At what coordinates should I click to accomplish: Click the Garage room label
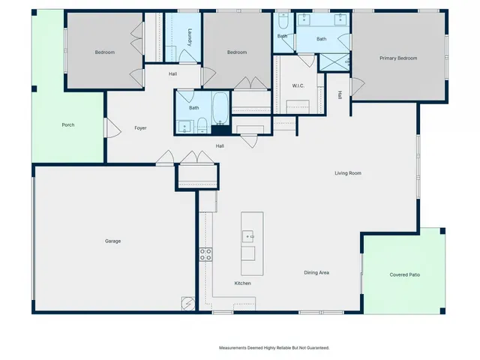(112, 241)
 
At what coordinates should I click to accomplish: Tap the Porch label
(68, 124)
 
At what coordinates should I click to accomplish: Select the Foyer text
(140, 128)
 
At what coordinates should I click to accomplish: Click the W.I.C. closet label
(297, 85)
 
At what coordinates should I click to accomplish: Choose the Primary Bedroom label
(397, 58)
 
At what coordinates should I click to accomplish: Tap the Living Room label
(348, 173)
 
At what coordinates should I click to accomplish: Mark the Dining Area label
(316, 272)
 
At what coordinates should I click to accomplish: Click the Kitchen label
(242, 283)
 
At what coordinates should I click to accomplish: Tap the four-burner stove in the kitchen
(205, 253)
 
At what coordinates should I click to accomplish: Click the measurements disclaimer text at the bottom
(274, 347)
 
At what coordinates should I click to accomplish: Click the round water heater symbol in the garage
(186, 302)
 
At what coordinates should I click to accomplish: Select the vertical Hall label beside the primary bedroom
(340, 95)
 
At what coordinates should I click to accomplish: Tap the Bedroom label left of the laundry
(104, 52)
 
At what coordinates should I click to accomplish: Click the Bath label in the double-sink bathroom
(321, 39)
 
